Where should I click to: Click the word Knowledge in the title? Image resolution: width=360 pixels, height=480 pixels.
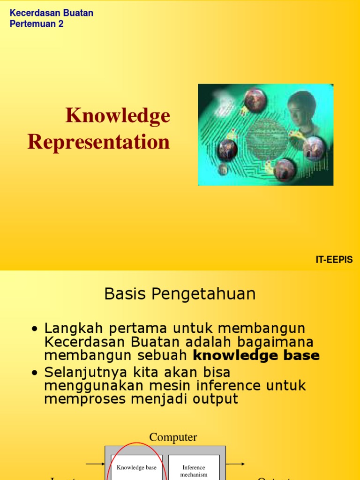click(x=118, y=116)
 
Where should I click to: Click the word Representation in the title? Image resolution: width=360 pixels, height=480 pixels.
click(x=98, y=142)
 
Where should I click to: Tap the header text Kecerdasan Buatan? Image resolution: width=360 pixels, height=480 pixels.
click(x=52, y=13)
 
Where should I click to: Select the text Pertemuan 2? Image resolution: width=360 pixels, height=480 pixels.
click(x=37, y=24)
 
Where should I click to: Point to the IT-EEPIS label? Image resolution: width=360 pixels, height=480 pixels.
click(x=334, y=260)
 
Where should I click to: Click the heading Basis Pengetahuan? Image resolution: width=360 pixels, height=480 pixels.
click(x=180, y=294)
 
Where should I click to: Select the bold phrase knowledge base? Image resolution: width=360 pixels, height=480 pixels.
click(x=256, y=356)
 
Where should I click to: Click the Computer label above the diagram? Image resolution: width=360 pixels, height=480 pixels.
click(x=173, y=437)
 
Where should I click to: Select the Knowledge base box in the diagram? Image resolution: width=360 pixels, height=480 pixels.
click(x=136, y=467)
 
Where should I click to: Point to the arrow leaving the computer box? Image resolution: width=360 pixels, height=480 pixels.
click(x=236, y=464)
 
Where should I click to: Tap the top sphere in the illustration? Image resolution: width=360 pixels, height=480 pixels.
click(x=255, y=100)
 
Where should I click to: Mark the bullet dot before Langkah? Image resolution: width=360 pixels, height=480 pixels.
click(x=34, y=329)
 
